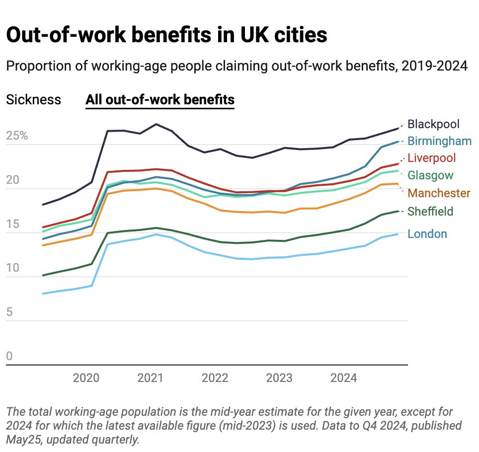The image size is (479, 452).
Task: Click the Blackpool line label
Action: [433, 124]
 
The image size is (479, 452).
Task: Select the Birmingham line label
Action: [439, 141]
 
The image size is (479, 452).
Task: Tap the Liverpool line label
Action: [431, 158]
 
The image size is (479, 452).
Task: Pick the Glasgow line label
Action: [430, 175]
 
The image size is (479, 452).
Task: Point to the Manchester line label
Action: [439, 193]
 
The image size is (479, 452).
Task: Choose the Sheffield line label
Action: [430, 212]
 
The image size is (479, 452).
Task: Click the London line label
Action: [427, 234]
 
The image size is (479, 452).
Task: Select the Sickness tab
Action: [33, 100]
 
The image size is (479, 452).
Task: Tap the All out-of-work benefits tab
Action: [160, 100]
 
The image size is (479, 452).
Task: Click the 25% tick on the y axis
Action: [17, 136]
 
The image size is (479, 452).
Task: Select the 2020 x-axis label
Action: [86, 378]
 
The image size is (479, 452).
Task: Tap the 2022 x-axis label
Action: [215, 378]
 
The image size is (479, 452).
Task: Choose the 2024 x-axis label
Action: [343, 378]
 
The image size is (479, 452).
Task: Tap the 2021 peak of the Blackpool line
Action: [156, 124]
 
